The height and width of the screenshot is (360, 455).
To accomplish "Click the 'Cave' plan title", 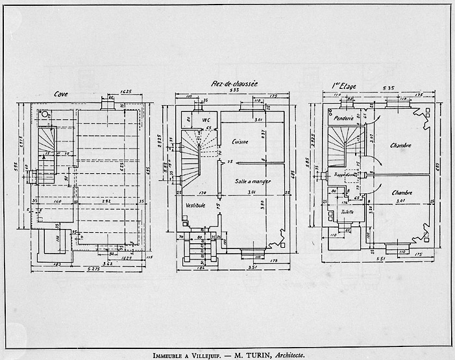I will click(62, 93).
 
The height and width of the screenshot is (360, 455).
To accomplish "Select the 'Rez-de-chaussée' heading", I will click(235, 85).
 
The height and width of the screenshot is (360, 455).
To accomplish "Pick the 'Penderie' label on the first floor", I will click(341, 119).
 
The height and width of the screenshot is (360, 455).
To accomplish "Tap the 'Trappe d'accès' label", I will click(346, 174).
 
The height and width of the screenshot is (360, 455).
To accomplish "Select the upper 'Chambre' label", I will click(400, 145).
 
